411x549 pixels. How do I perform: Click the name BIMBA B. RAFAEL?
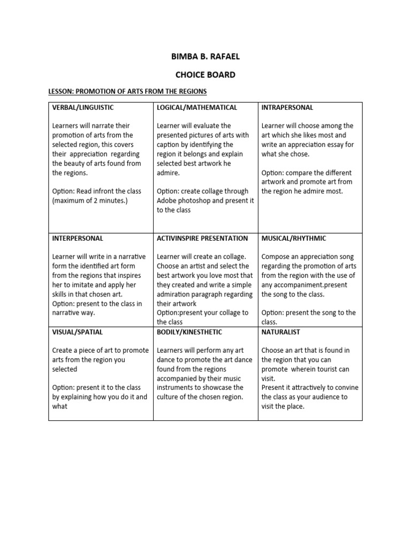pyautogui.click(x=205, y=57)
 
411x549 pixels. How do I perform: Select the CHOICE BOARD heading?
pyautogui.click(x=205, y=75)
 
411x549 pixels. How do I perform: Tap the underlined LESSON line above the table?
pyautogui.click(x=127, y=92)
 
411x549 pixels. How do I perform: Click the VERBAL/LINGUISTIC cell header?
pyautogui.click(x=83, y=108)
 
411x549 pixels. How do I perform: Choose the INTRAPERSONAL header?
pyautogui.click(x=287, y=108)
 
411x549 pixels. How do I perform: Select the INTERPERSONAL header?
pyautogui.click(x=78, y=238)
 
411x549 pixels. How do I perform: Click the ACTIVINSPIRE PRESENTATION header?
pyautogui.click(x=202, y=238)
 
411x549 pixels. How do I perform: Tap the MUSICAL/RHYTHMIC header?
pyautogui.click(x=294, y=238)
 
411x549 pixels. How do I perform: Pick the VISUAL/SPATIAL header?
pyautogui.click(x=74, y=332)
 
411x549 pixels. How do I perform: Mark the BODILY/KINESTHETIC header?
pyautogui.click(x=190, y=332)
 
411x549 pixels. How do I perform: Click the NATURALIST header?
pyautogui.click(x=281, y=332)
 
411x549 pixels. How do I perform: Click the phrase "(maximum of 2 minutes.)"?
pyautogui.click(x=90, y=201)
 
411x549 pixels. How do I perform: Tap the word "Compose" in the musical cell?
pyautogui.click(x=277, y=257)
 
